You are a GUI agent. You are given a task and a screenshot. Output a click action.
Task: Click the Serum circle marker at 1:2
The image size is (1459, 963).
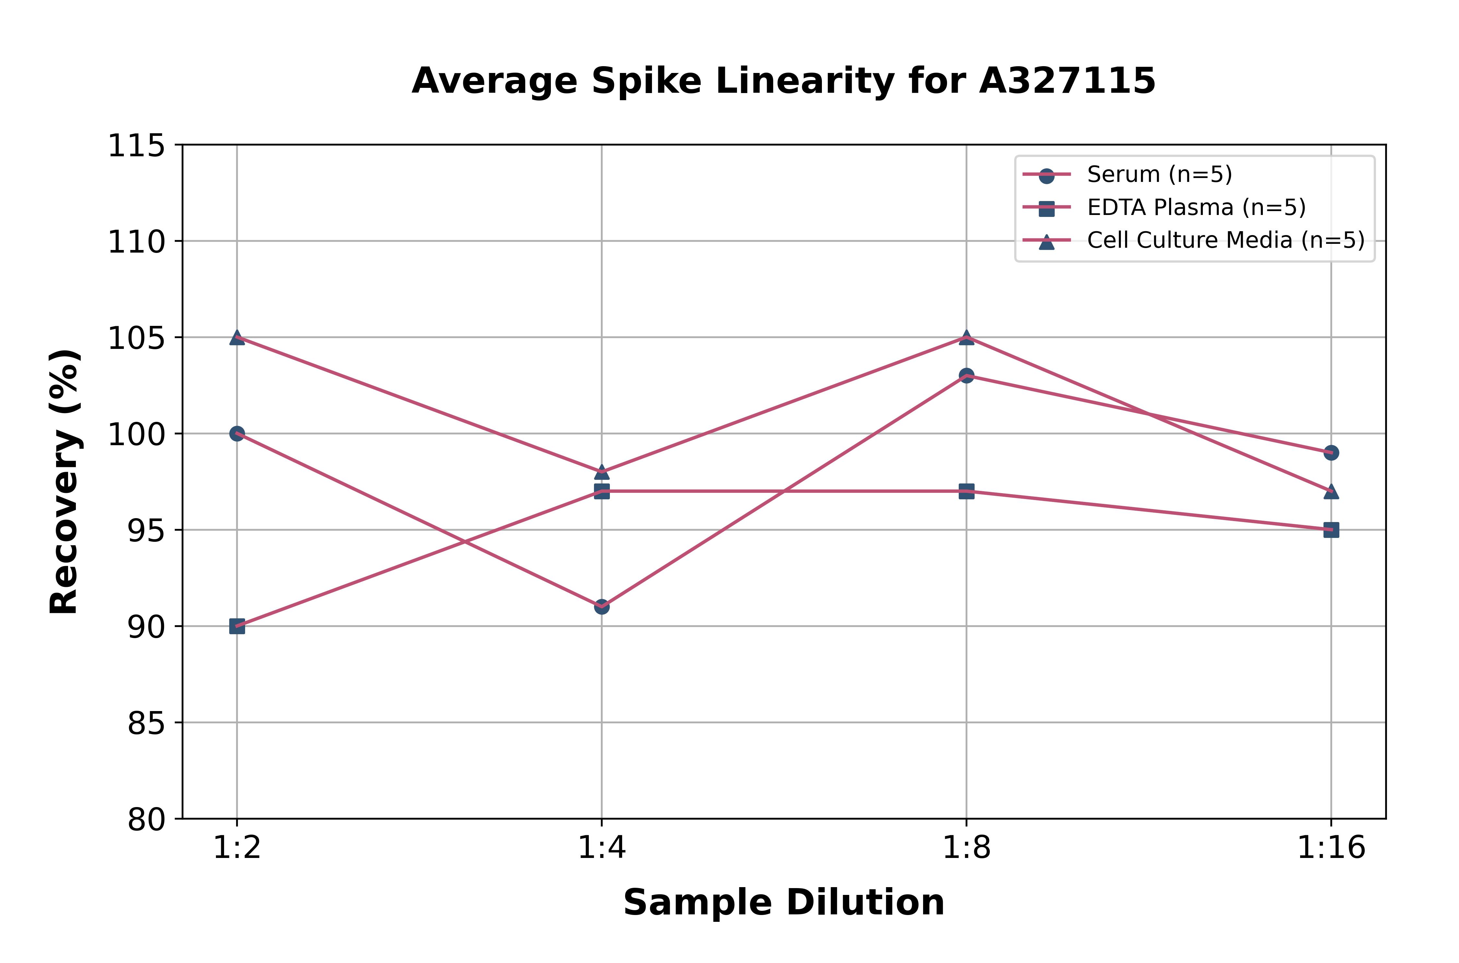pyautogui.click(x=237, y=434)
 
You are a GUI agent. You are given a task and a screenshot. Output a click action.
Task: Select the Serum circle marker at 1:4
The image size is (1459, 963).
pyautogui.click(x=602, y=607)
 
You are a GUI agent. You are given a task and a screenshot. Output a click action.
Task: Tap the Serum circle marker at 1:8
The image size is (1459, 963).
pyautogui.click(x=967, y=375)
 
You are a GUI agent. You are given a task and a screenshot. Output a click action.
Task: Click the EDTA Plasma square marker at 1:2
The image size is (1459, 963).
pyautogui.click(x=237, y=626)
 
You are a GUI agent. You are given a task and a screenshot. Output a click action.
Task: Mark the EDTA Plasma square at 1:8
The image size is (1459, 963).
pyautogui.click(x=967, y=491)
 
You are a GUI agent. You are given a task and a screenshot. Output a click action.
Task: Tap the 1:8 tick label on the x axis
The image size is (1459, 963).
pyautogui.click(x=967, y=848)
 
